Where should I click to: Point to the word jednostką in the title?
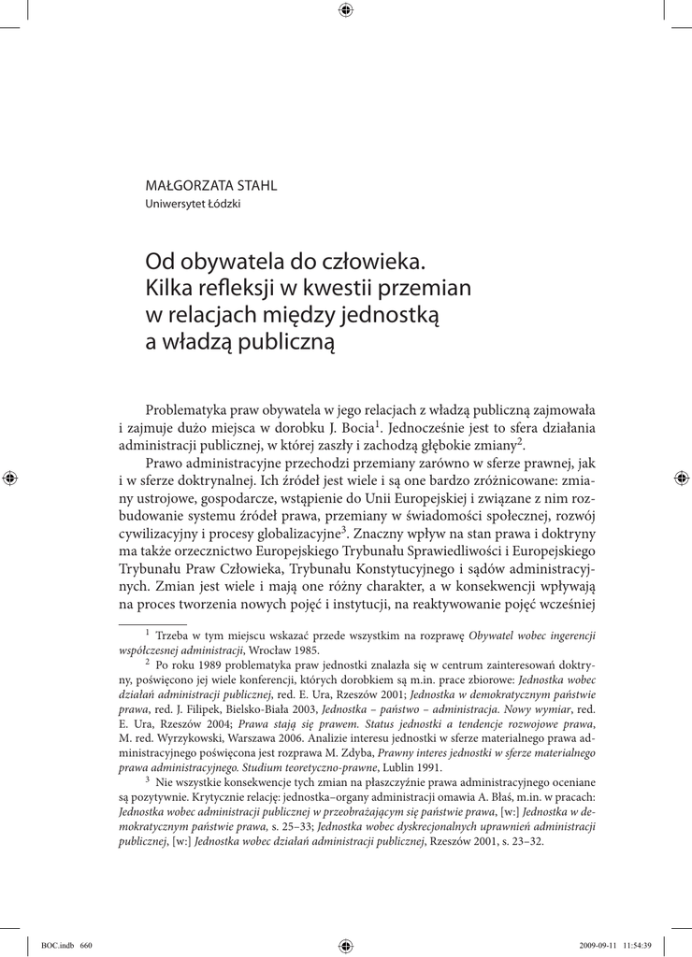(x=395, y=313)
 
